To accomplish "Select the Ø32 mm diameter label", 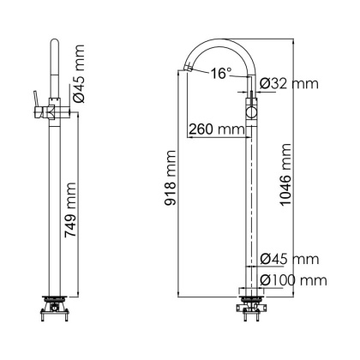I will click(287, 84).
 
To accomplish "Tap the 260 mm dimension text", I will click(215, 129).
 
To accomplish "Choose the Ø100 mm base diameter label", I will click(292, 279).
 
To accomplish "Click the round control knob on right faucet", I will click(251, 111).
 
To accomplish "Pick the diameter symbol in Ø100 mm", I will click(264, 279).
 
